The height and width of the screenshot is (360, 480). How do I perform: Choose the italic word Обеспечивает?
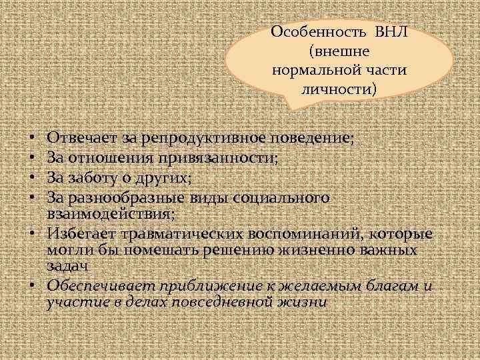tap(97, 286)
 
